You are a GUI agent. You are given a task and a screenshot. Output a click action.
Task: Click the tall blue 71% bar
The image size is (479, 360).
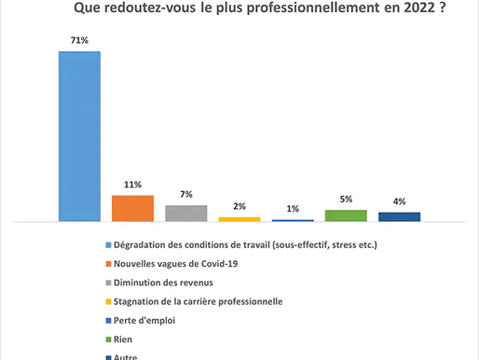[79, 136]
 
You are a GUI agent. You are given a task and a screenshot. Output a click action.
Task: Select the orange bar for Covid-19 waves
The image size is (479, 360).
[132, 208]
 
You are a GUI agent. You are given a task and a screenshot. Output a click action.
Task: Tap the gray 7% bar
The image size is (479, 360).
[185, 213]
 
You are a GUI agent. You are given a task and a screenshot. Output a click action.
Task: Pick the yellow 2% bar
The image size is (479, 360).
[239, 218]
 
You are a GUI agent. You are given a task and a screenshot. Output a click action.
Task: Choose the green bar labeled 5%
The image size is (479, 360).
[346, 215]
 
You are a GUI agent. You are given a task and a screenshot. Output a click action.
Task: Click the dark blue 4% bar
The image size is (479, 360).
[399, 216]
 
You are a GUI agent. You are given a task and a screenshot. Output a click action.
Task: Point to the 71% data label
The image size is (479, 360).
[79, 42]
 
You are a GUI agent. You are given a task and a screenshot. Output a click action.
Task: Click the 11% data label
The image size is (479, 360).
[132, 186]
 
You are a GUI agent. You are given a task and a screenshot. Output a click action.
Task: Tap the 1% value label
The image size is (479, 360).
[293, 209]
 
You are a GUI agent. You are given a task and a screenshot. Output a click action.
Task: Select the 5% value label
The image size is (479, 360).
[346, 200]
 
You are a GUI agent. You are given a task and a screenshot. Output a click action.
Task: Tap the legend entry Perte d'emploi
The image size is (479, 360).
[149, 319]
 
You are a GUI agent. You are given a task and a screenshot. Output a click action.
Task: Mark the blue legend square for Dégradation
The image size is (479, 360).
[107, 246]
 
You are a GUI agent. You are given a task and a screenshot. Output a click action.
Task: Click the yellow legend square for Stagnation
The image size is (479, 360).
[107, 300]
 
